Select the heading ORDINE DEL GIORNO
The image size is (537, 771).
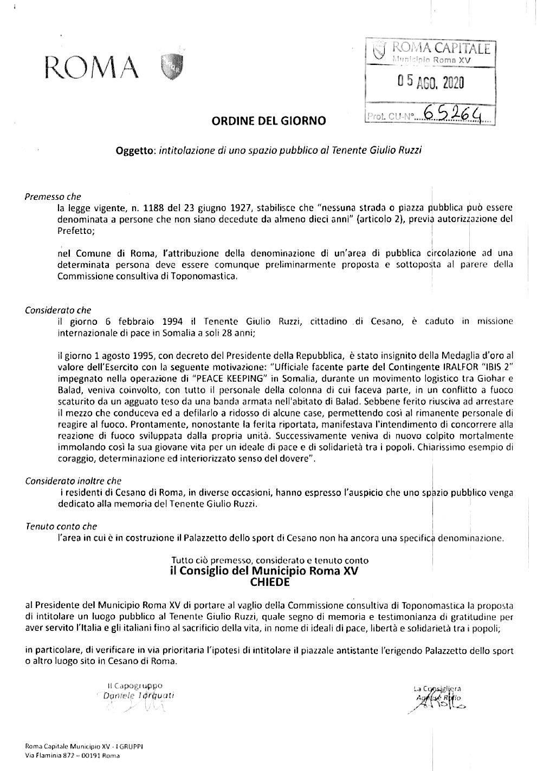(x=269, y=121)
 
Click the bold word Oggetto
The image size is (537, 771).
(x=135, y=149)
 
